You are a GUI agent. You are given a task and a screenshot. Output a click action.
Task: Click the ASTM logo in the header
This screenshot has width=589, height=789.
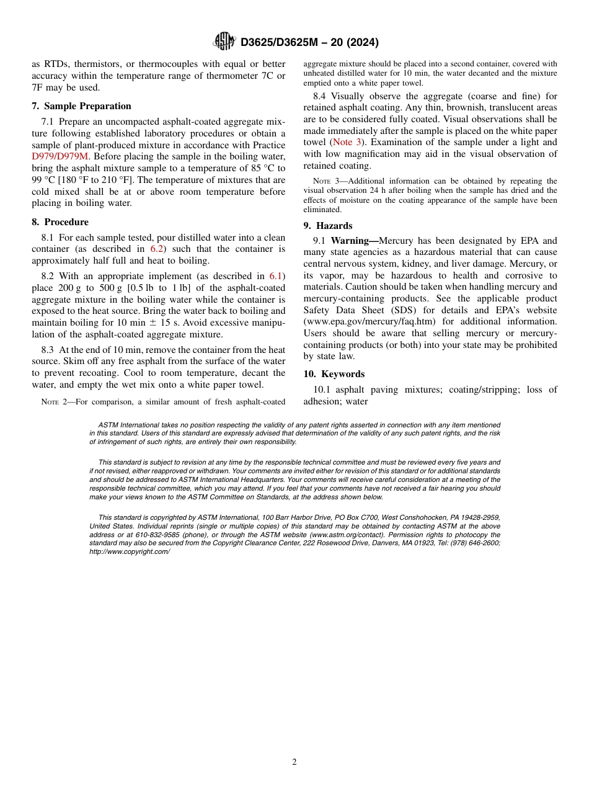coord(224,42)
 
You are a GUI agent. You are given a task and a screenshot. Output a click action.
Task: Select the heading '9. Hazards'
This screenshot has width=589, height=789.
coord(327,226)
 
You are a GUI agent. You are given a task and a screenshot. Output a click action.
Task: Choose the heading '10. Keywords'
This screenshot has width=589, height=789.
coord(334,374)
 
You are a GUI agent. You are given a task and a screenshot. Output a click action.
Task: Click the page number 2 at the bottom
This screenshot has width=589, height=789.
coord(294,762)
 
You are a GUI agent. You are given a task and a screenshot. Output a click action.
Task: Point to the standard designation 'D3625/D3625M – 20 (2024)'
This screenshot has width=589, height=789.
coord(309,42)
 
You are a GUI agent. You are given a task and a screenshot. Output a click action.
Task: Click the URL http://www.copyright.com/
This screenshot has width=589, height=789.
coord(130,551)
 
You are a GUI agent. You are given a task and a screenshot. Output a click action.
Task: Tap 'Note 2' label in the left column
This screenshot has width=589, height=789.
coord(56,402)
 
